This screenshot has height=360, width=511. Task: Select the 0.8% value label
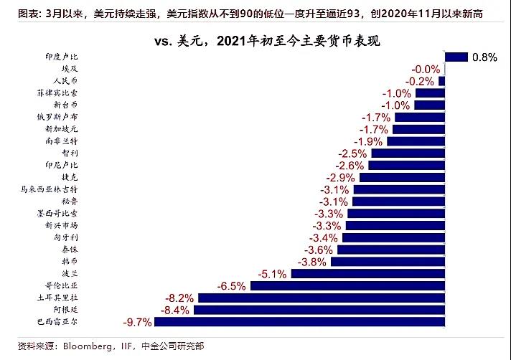pyautogui.click(x=484, y=57)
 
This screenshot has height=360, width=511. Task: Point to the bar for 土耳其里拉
pyautogui.click(x=321, y=298)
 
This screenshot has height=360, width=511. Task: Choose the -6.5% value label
pyautogui.click(x=232, y=285)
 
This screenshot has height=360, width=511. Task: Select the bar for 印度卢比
pyautogui.click(x=456, y=57)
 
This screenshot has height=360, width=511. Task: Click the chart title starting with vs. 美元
pyautogui.click(x=266, y=42)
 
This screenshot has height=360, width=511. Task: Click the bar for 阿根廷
pyautogui.click(x=319, y=310)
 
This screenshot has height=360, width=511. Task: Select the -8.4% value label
pyautogui.click(x=176, y=310)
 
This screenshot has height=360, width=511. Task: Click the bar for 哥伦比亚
pyautogui.click(x=347, y=285)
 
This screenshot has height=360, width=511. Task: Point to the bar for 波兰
pyautogui.click(x=368, y=274)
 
